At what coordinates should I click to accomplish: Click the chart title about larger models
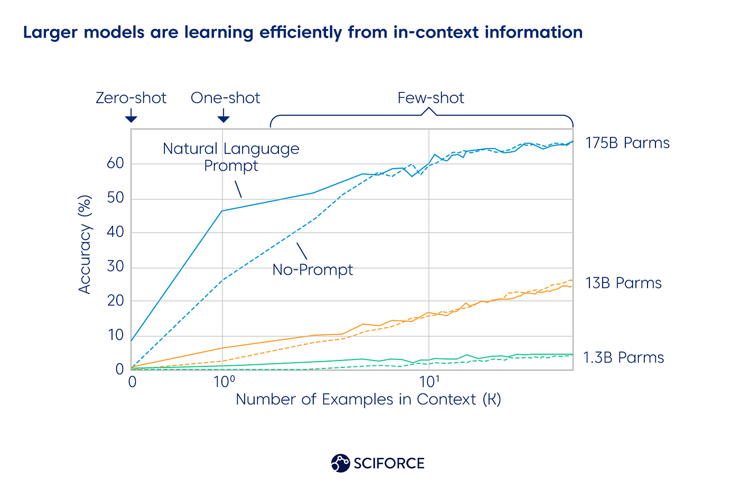[303, 33]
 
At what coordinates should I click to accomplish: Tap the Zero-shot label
[131, 98]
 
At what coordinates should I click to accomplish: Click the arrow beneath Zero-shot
[131, 116]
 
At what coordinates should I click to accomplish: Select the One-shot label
[226, 98]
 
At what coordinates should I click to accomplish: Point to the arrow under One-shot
[224, 116]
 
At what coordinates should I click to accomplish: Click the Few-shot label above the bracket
[431, 98]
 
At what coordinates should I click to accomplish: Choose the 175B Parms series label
[627, 143]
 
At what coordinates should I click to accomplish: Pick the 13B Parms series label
[624, 283]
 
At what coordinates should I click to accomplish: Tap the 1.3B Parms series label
[624, 358]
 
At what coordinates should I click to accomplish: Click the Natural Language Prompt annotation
[231, 157]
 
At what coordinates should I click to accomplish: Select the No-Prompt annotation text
[312, 270]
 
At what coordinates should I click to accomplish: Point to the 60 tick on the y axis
[115, 164]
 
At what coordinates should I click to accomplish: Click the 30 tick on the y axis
[115, 267]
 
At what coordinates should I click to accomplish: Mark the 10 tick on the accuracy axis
[115, 335]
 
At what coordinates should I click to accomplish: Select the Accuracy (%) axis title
[85, 245]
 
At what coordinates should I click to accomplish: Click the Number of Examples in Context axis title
[368, 400]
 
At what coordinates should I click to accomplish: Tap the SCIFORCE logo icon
[340, 463]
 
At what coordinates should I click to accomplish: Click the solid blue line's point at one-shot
[223, 211]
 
